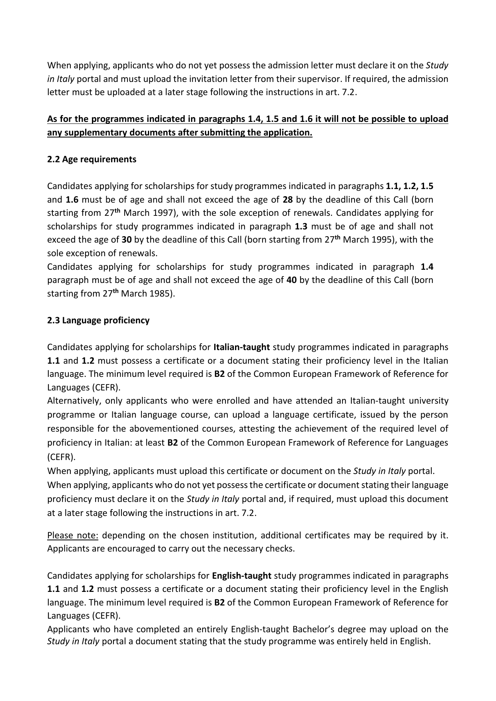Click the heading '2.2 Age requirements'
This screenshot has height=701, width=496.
[x=92, y=159]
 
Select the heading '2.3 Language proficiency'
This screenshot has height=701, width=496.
[x=98, y=321]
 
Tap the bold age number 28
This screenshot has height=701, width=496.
[x=287, y=199]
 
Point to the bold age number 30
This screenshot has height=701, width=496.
[x=127, y=240]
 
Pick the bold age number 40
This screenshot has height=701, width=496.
[x=291, y=280]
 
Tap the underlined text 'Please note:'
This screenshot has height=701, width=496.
[x=73, y=536]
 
